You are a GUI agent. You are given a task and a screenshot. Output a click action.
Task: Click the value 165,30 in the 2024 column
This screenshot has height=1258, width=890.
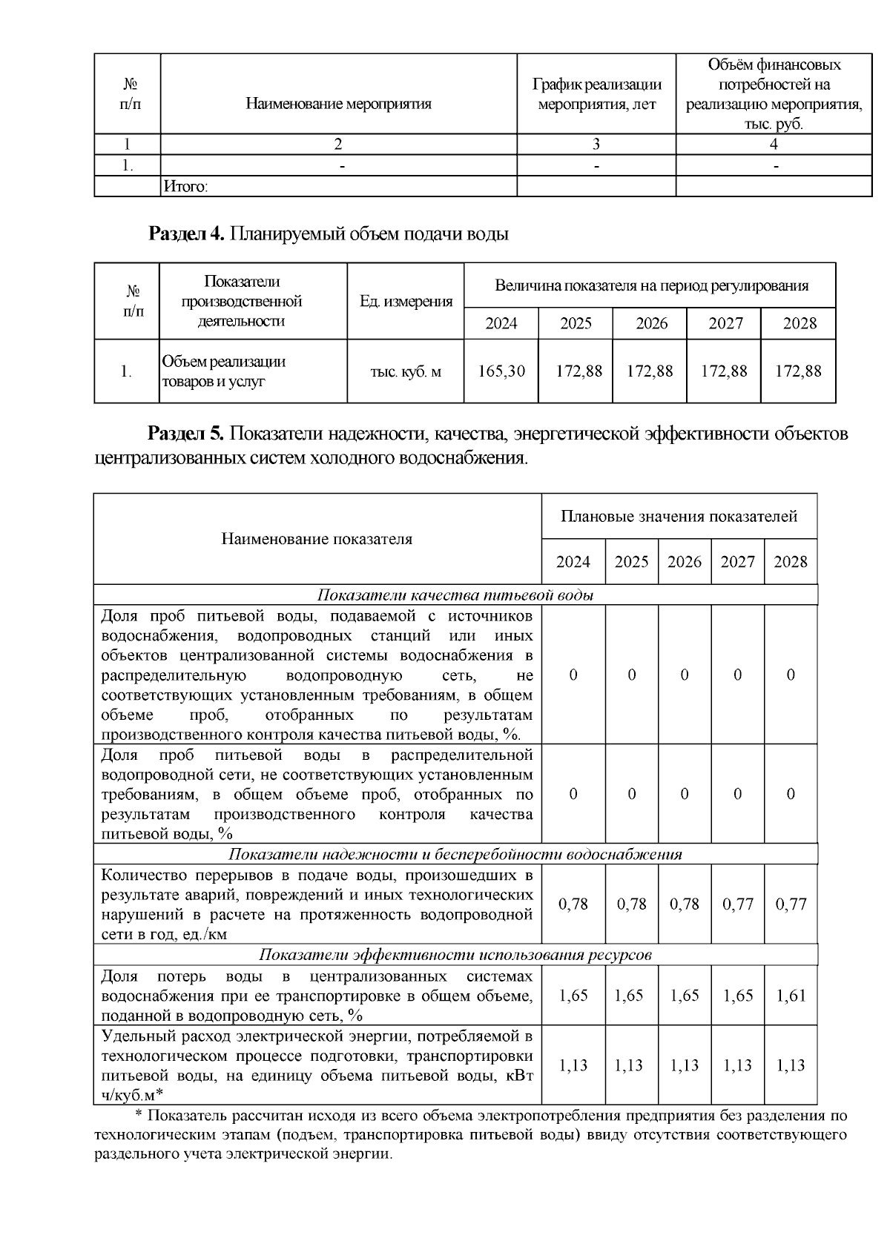pyautogui.click(x=501, y=371)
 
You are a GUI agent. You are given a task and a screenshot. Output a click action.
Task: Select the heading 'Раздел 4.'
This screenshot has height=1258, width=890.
pyautogui.click(x=186, y=234)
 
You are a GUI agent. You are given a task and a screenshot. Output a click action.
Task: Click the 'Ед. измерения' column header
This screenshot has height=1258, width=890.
pyautogui.click(x=406, y=301)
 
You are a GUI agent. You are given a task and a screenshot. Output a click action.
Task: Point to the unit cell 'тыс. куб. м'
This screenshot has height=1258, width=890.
pyautogui.click(x=406, y=371)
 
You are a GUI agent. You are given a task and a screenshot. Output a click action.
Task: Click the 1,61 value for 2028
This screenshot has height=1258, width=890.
pyautogui.click(x=791, y=996)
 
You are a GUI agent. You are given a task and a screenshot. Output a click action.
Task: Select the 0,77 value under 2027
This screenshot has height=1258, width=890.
pyautogui.click(x=737, y=904)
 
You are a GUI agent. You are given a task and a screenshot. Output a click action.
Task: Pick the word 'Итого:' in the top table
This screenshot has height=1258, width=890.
pyautogui.click(x=185, y=187)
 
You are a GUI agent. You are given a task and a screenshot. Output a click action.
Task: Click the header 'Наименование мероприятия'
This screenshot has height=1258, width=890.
pyautogui.click(x=338, y=104)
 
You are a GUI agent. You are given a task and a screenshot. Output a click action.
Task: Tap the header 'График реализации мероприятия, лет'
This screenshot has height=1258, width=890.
pyautogui.click(x=596, y=95)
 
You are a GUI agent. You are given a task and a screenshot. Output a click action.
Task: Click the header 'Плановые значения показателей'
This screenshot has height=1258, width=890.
pyautogui.click(x=679, y=516)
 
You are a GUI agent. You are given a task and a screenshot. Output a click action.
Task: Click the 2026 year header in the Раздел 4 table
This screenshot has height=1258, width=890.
pyautogui.click(x=651, y=324)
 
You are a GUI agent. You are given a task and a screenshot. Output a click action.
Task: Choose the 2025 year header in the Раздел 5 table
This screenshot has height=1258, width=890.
pyautogui.click(x=631, y=562)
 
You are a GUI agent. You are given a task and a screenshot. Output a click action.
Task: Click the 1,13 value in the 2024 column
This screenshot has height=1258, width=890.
pyautogui.click(x=573, y=1065)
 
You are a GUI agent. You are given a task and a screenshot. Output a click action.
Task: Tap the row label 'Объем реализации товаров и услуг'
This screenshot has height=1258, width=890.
pyautogui.click(x=223, y=371)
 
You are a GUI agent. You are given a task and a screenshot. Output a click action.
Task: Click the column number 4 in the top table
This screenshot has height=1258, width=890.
pyautogui.click(x=774, y=145)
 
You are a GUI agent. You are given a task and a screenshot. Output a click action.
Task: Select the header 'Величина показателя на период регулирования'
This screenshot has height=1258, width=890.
pyautogui.click(x=651, y=285)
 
